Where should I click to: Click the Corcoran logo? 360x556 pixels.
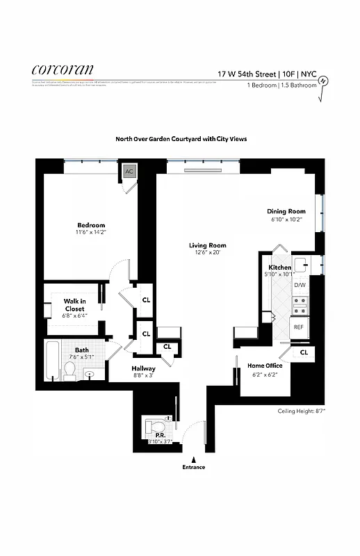pos(62,69)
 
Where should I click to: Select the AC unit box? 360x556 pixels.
pos(129,171)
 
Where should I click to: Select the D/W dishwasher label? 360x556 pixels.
pos(300,286)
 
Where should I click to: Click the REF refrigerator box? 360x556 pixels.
pos(299,327)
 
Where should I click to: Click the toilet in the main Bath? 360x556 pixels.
pos(69,373)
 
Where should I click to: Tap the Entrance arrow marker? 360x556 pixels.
pos(194,459)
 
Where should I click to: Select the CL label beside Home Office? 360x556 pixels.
pos(304,353)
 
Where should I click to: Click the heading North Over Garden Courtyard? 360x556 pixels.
pos(181,139)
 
